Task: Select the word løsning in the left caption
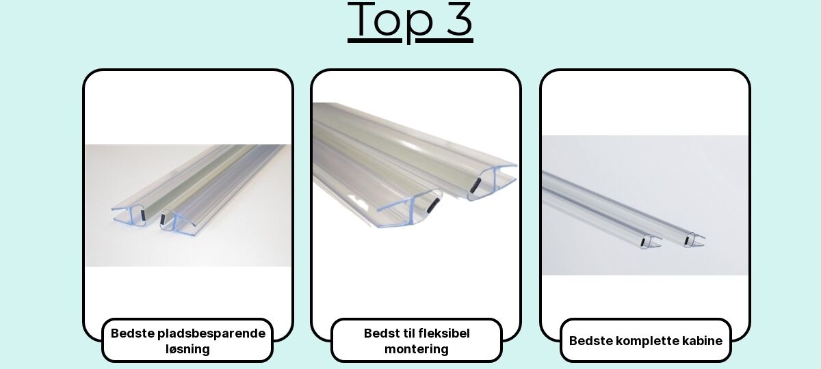pos(187,349)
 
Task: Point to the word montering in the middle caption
pos(417,349)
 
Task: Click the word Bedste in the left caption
pos(132,333)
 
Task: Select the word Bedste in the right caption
pos(591,341)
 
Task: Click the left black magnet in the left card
pos(143,215)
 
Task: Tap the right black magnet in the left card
pos(163,219)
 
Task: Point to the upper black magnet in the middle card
pos(475,185)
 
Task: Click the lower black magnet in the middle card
pos(433,206)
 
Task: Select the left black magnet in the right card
pos(643,242)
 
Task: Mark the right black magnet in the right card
pos(686,240)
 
